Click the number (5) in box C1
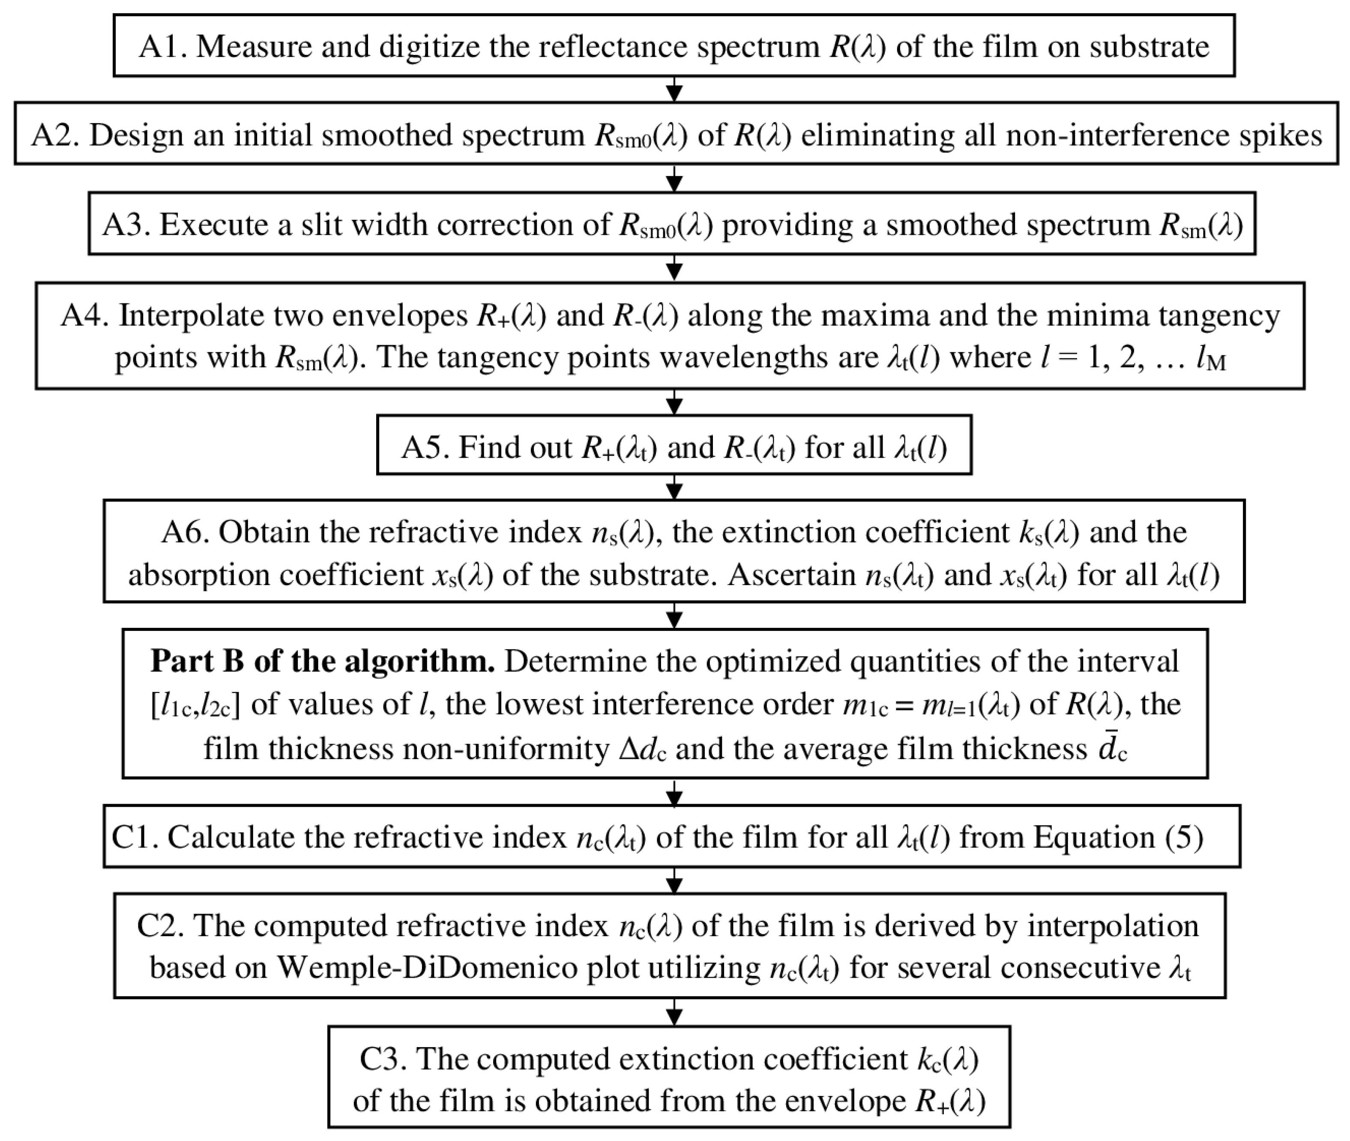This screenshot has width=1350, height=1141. pos(1184,838)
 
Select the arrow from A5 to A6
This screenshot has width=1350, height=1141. pos(674,488)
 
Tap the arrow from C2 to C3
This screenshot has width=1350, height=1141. pos(674,1013)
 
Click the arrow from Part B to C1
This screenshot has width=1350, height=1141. pos(674,793)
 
